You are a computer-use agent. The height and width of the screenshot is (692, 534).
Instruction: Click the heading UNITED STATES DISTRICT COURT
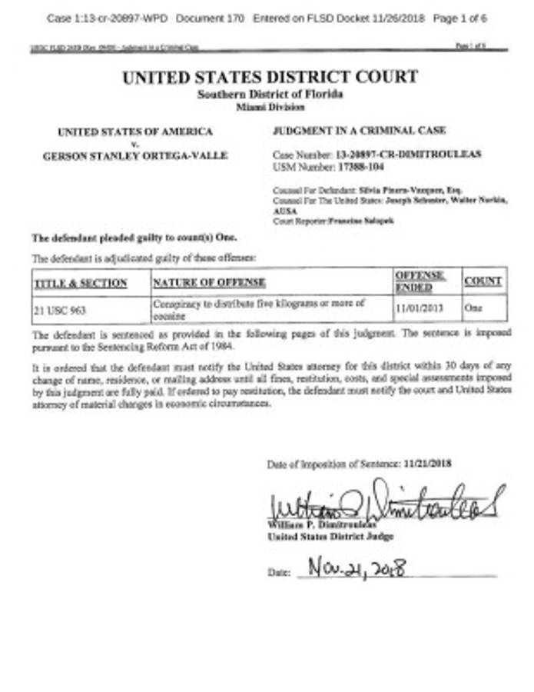point(270,77)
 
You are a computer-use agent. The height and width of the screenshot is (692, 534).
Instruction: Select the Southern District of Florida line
point(270,94)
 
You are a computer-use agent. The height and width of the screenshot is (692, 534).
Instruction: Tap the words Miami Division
point(270,107)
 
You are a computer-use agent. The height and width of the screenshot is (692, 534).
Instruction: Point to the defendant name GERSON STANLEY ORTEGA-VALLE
point(135,155)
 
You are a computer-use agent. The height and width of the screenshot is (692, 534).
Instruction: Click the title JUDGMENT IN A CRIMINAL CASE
point(359,131)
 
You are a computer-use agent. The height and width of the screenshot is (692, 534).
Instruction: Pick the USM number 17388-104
point(362,165)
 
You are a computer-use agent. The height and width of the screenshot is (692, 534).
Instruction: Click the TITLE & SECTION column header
point(81,283)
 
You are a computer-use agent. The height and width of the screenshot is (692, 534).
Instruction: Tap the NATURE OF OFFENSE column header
point(209,283)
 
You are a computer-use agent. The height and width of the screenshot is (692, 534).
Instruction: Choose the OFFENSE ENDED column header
point(420,281)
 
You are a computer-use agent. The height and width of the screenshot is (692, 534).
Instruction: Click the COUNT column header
point(483,281)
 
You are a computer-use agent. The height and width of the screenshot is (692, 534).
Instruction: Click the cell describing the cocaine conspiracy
point(260,308)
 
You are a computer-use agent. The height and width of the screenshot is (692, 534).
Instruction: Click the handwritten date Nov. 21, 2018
point(357,570)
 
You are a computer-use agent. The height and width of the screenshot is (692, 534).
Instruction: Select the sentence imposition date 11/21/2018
point(428,464)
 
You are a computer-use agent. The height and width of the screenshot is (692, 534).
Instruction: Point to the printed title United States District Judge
point(330,537)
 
